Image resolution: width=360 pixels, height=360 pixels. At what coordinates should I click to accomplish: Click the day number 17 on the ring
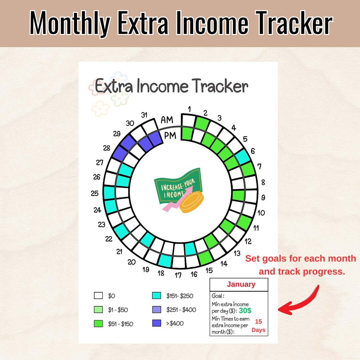click(x=178, y=275)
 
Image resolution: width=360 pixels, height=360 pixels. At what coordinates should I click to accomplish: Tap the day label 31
click(x=144, y=115)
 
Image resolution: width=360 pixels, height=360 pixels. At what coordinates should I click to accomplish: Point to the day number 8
click(x=263, y=182)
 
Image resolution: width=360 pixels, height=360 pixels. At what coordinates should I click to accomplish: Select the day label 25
click(x=95, y=193)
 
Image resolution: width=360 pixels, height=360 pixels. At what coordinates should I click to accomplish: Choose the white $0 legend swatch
click(x=98, y=296)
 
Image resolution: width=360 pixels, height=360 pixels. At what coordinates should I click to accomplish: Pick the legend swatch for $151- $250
click(x=156, y=296)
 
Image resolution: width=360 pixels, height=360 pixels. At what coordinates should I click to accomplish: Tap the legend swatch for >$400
click(x=156, y=323)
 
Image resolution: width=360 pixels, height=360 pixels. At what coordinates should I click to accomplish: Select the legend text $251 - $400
click(x=181, y=310)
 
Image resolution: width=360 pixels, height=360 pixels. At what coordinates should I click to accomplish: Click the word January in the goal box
click(x=241, y=284)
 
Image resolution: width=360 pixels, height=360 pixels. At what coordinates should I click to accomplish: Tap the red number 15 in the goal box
click(x=258, y=322)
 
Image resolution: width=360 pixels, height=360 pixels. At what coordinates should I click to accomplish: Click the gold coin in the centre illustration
click(x=191, y=204)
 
